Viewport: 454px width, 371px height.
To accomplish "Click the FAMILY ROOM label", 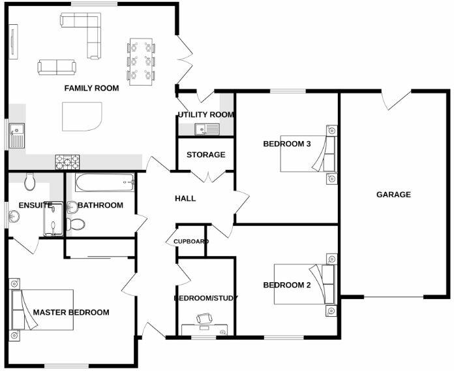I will [x=91, y=88].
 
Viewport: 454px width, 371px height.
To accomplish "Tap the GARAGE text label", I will [x=393, y=194].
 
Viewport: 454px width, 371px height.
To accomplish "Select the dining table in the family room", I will [x=142, y=62].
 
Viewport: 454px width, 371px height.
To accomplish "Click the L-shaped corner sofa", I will [x=85, y=29].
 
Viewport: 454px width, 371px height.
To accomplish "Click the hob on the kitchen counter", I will [x=67, y=161].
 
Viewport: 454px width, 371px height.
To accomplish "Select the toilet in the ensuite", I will [x=29, y=180].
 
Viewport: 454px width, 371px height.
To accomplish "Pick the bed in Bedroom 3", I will [x=307, y=153].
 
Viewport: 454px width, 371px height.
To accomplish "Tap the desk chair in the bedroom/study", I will [x=204, y=318].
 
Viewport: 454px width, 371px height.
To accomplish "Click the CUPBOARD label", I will [x=191, y=242].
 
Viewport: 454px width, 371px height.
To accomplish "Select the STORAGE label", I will [x=205, y=155].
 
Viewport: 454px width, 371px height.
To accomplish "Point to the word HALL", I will [x=185, y=199].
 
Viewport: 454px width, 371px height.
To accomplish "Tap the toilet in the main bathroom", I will [x=74, y=224].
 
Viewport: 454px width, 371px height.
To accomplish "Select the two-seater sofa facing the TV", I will [x=57, y=67].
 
